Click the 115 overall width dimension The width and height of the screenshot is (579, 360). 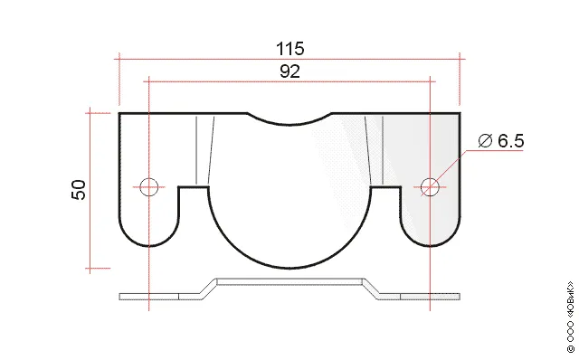[290, 49]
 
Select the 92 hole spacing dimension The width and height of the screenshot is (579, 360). [289, 71]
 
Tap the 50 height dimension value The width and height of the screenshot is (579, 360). [79, 190]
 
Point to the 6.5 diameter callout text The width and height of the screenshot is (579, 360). [510, 141]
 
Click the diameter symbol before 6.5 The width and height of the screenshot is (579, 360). [485, 141]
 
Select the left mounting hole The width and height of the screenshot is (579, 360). [148, 187]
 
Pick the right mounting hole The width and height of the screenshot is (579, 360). [430, 187]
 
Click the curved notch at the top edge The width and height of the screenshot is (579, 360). [289, 124]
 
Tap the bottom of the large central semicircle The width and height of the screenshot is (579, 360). [289, 268]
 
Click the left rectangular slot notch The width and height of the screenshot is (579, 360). [194, 187]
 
